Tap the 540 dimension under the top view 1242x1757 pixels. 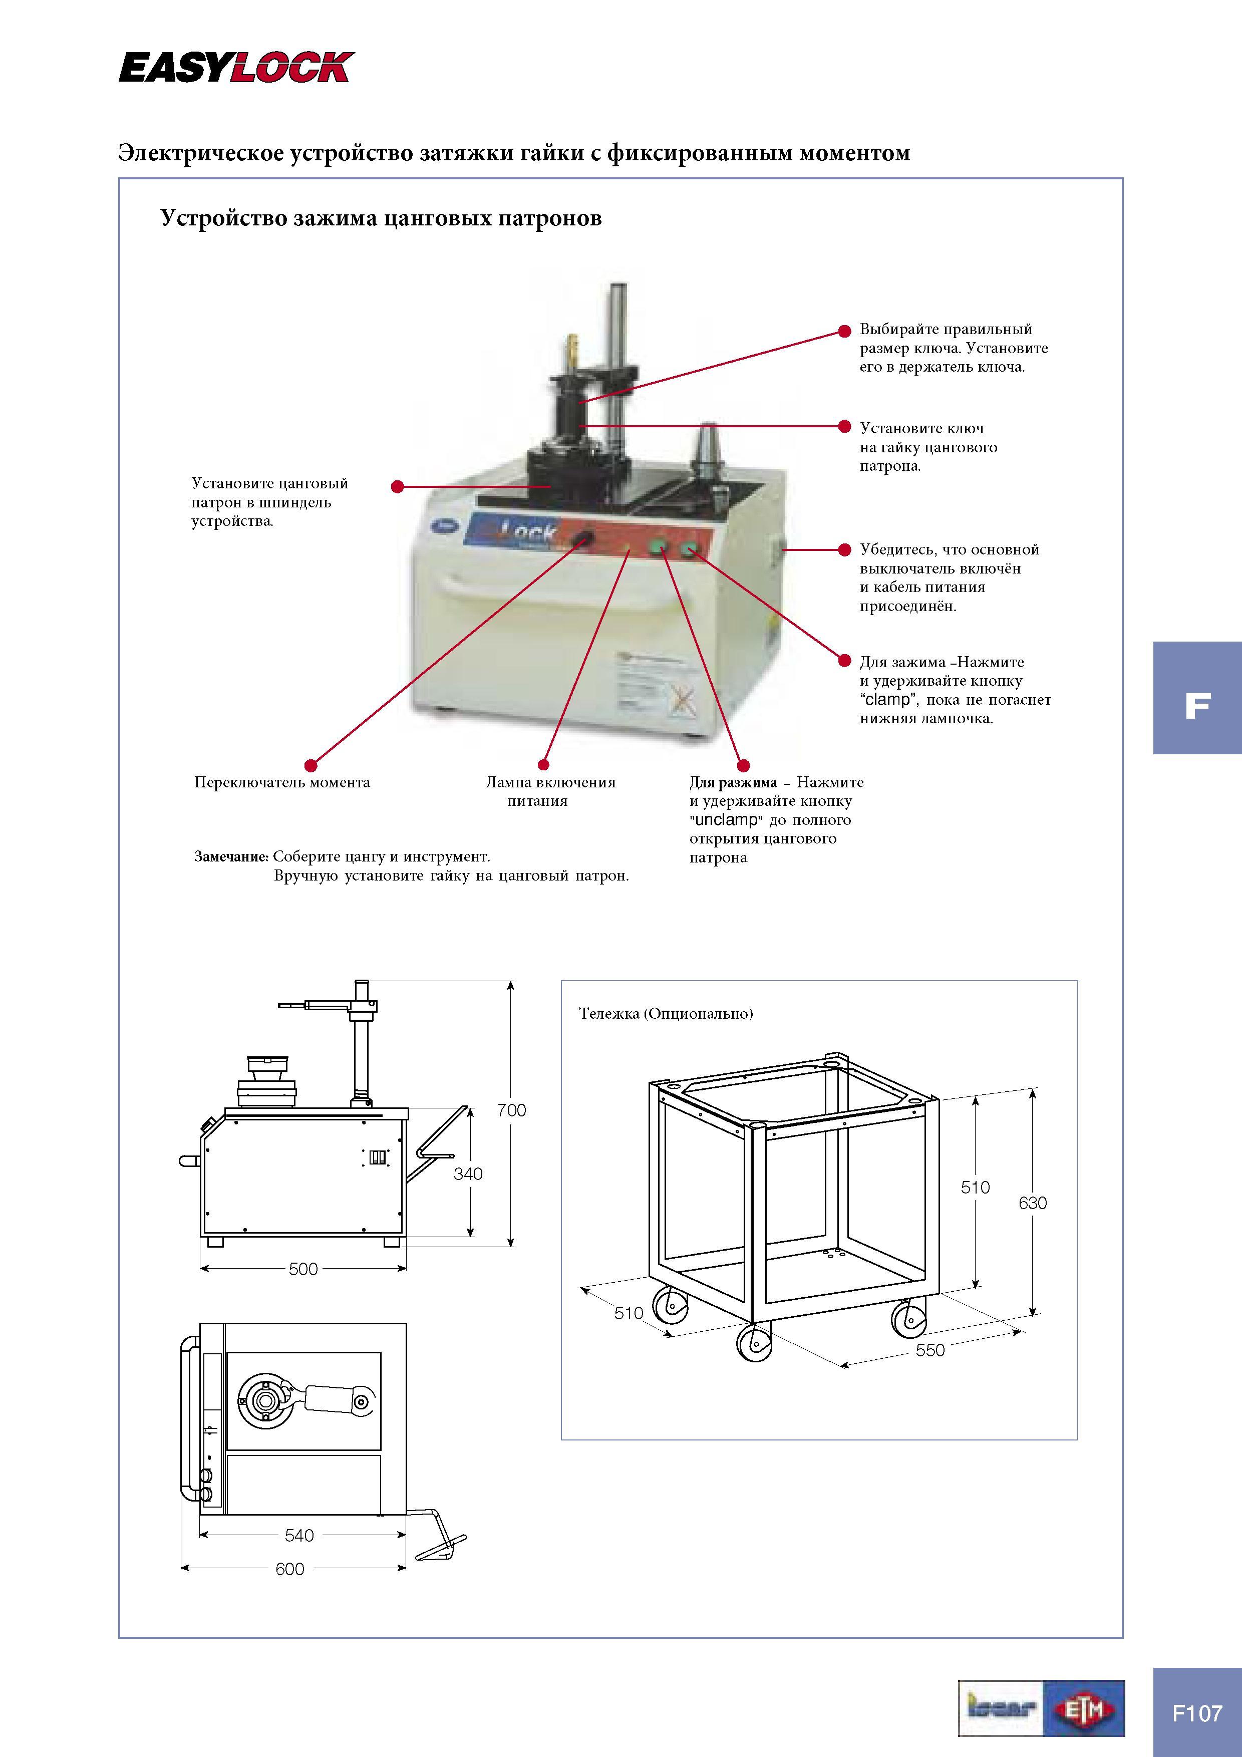pyautogui.click(x=299, y=1535)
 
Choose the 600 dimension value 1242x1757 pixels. pyautogui.click(x=290, y=1569)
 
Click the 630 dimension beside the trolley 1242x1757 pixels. pyautogui.click(x=1032, y=1203)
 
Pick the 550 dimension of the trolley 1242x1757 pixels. pyautogui.click(x=930, y=1350)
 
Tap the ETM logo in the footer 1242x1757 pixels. pyautogui.click(x=1084, y=1708)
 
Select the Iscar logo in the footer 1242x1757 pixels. pyautogui.click(x=1002, y=1708)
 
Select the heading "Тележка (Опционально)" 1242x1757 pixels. pyautogui.click(x=666, y=1013)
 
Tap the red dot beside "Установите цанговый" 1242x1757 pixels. pyautogui.click(x=397, y=487)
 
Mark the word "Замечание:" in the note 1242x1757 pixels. pyautogui.click(x=231, y=857)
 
